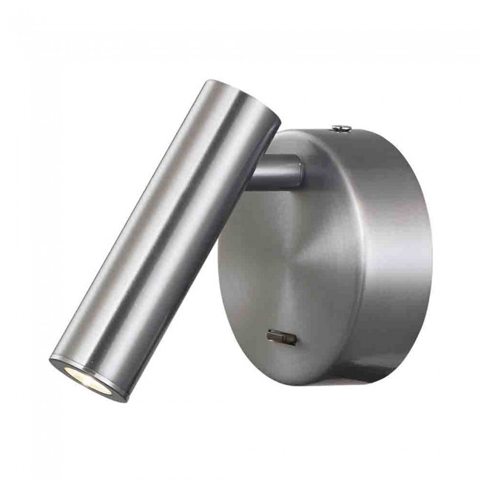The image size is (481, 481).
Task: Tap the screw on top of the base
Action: pos(341,129)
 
